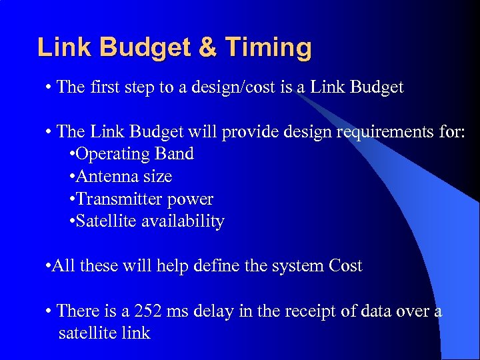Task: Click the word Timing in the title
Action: point(268,48)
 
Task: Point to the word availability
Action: point(183,221)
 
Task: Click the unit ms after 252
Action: point(179,311)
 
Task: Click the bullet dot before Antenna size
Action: point(72,177)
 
